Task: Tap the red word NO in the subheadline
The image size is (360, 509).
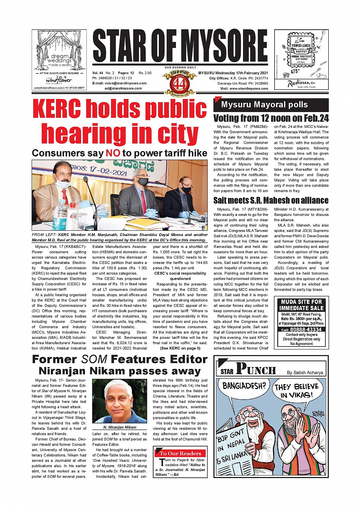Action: [113, 153]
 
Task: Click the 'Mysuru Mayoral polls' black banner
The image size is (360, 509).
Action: [270, 105]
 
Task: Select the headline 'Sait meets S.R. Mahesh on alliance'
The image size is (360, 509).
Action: [270, 200]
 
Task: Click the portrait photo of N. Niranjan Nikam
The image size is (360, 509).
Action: [120, 400]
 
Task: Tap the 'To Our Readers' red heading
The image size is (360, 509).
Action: [181, 453]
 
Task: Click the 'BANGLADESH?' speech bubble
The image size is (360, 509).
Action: [244, 386]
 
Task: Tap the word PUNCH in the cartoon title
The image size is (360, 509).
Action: [256, 369]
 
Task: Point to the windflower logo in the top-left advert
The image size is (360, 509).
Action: [59, 80]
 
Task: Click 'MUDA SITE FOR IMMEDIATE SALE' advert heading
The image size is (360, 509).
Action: [302, 305]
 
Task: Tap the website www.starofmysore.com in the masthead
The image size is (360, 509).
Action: [249, 88]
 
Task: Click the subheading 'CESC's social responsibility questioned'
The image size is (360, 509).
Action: [180, 276]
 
